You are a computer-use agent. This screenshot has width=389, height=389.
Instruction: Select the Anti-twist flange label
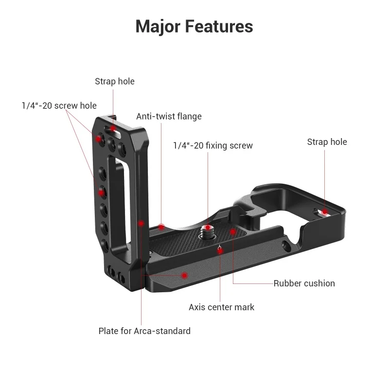(x=169, y=117)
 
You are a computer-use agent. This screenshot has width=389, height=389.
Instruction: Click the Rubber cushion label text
(x=304, y=283)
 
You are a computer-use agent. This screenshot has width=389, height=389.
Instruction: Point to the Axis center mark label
(x=221, y=307)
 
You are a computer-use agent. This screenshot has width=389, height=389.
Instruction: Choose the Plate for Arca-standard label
(x=144, y=331)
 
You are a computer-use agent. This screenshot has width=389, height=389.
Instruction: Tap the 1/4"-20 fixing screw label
(x=213, y=145)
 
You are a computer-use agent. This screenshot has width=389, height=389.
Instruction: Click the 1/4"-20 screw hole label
(x=59, y=106)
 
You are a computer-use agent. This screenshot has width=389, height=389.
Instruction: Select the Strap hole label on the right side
(x=327, y=142)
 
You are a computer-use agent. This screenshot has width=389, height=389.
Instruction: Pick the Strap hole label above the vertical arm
(x=114, y=81)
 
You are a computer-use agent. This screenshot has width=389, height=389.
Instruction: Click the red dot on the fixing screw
(x=208, y=227)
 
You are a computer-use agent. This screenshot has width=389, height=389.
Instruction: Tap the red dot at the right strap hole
(x=325, y=212)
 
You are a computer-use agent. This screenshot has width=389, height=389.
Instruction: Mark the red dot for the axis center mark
(x=220, y=251)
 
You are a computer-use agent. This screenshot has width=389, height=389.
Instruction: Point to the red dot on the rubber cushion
(x=233, y=232)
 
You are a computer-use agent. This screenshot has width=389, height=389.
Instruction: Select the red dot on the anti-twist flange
(x=162, y=227)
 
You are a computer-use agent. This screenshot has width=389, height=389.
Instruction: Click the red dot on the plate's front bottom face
(x=184, y=276)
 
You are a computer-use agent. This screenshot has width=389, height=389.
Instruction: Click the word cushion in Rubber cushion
(x=320, y=283)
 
